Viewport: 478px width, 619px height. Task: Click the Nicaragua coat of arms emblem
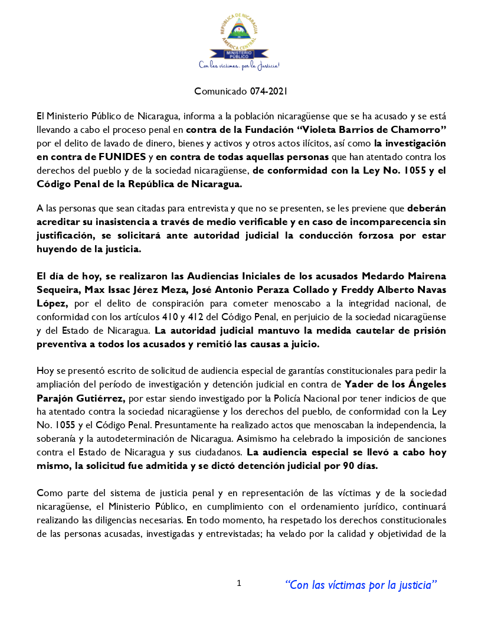click(239, 32)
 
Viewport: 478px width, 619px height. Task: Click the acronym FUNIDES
click(120, 157)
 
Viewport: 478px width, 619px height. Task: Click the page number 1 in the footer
click(239, 584)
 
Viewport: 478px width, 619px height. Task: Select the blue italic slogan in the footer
click(361, 585)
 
